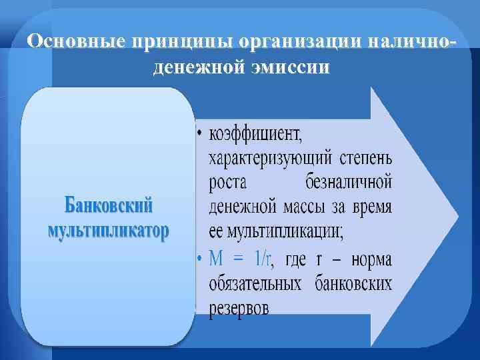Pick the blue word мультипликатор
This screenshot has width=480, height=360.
coord(109,232)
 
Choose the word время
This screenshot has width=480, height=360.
coord(370,207)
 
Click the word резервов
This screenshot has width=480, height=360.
coord(239,309)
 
